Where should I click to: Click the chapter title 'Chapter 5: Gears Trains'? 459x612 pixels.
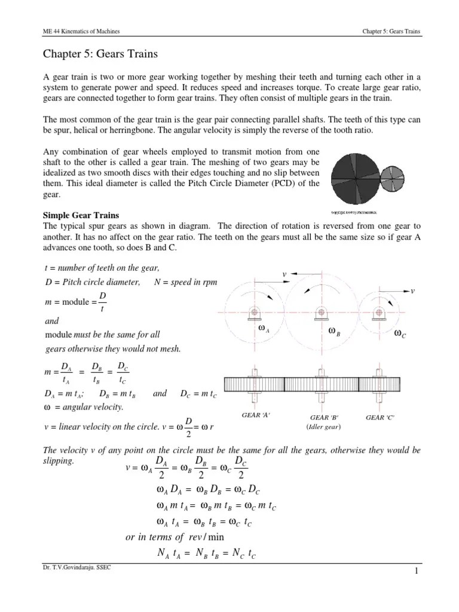100,55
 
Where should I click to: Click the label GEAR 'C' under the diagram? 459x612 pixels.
380,417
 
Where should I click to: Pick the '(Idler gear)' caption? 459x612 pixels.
325,426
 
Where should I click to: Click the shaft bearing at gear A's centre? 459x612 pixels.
254,312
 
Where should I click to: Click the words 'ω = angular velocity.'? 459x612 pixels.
84,407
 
